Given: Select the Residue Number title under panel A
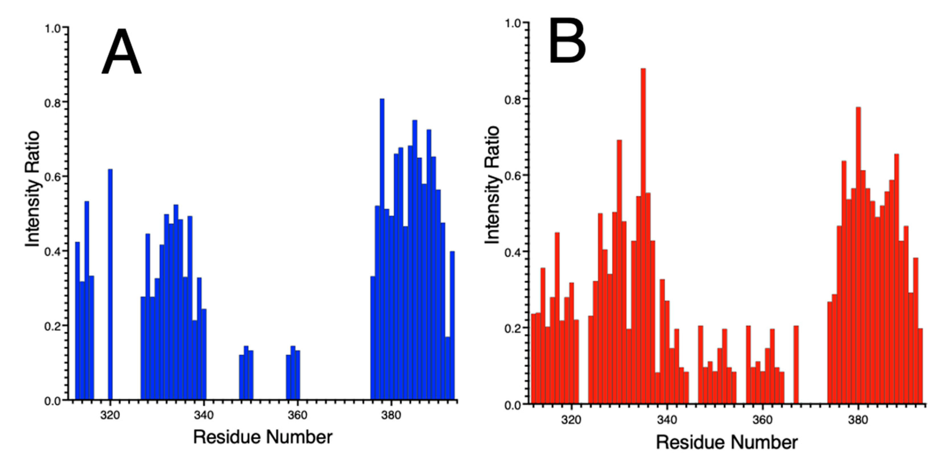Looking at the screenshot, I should (263, 437).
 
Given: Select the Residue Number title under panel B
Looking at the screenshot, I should (727, 442).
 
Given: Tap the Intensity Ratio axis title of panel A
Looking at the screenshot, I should (32, 189).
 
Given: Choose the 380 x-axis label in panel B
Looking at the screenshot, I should (858, 420).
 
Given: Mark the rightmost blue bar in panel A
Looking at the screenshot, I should (452, 325).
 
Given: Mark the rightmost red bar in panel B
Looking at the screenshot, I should (920, 365).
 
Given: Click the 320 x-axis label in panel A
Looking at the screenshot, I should (110, 415).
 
